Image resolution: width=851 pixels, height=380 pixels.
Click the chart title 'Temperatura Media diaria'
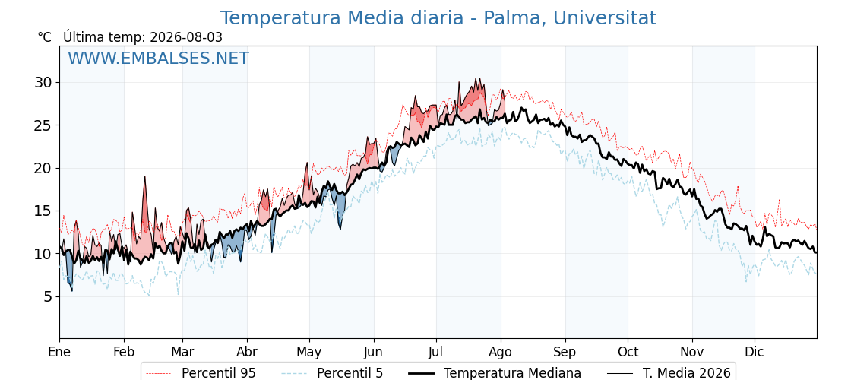[342, 18]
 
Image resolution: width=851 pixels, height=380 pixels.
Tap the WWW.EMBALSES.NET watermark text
[159, 58]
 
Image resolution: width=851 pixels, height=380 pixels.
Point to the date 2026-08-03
[186, 37]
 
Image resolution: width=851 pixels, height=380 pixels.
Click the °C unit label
[45, 37]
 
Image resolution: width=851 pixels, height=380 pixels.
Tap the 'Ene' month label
[59, 352]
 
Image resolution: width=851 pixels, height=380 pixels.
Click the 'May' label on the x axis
[309, 352]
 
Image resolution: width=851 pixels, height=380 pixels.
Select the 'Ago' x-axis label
[501, 352]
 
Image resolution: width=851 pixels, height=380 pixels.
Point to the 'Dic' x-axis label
[755, 352]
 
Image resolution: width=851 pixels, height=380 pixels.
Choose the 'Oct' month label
[628, 352]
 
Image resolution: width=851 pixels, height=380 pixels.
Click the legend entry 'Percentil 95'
[219, 373]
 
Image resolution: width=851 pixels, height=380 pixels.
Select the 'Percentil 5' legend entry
[350, 373]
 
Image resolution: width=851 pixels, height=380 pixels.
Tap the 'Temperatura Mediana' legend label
[512, 373]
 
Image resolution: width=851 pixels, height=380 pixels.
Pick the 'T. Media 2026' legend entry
[687, 373]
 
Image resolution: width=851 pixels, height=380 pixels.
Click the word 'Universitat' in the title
[605, 18]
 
